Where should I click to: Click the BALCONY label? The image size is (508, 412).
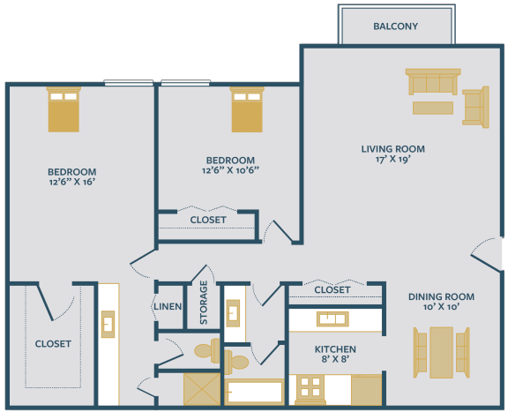395,26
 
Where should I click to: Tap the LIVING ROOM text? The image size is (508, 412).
393,148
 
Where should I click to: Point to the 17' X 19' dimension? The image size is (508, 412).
393,161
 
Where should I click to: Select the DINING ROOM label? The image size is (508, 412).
441,296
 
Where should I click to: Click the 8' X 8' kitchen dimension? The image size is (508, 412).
336,361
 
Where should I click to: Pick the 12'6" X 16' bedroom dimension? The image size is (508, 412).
71,184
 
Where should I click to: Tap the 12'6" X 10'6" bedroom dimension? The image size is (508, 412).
230,171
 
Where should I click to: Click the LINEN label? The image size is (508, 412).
168,307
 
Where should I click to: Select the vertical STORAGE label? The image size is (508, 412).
204,303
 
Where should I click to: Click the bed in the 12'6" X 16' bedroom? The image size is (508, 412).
63,109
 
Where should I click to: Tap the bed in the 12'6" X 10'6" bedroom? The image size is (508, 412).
246,109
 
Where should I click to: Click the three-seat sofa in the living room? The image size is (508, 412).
431,83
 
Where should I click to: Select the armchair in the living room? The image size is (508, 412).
475,108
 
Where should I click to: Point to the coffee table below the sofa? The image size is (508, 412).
432,108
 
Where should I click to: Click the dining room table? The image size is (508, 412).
441,349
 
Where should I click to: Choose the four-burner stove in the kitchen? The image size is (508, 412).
308,388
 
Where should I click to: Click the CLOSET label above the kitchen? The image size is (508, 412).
332,289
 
